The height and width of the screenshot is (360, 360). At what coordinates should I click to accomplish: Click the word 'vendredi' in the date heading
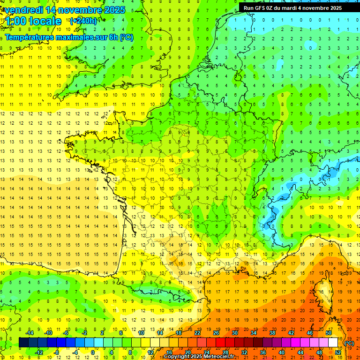click(24, 10)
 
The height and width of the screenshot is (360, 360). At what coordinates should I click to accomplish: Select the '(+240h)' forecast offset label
click(83, 21)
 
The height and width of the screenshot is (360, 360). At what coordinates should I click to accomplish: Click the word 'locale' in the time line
click(45, 21)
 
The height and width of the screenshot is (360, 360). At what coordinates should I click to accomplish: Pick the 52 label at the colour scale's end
click(338, 352)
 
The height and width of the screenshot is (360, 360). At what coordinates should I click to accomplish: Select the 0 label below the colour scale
click(92, 352)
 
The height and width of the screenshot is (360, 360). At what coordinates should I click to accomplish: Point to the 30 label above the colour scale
click(235, 332)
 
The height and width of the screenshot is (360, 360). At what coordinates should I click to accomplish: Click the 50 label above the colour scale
click(329, 332)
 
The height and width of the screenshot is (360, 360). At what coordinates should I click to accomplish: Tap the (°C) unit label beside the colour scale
click(349, 343)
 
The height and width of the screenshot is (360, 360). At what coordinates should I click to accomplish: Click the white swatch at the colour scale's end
click(333, 343)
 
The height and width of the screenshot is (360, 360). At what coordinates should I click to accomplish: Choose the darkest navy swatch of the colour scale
click(23, 343)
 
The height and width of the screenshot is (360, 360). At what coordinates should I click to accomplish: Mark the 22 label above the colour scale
click(197, 332)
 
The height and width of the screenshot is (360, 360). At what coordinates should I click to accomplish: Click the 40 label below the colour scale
click(282, 352)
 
